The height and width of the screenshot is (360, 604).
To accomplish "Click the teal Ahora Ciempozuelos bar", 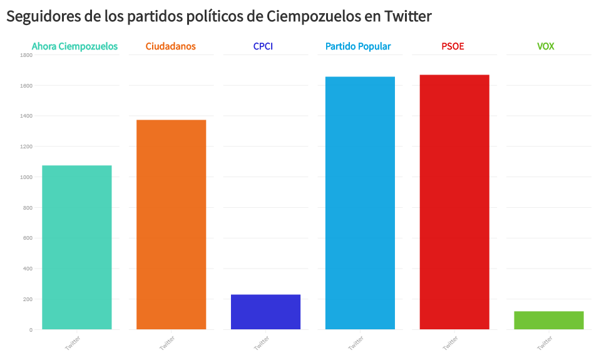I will click(76, 247).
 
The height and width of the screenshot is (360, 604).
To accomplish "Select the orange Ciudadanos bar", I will click(171, 224).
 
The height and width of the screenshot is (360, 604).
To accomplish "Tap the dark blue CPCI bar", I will click(265, 312).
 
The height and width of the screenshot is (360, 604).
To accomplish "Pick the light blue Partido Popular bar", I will click(360, 203).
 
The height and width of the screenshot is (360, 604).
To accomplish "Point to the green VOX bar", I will click(548, 320).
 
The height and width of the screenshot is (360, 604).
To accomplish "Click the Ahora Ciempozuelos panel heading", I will click(74, 46).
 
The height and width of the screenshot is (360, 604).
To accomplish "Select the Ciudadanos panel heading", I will click(170, 46).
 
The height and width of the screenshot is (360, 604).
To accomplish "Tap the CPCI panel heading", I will click(263, 46).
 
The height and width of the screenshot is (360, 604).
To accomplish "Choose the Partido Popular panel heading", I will click(358, 46).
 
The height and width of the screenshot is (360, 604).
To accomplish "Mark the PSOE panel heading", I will click(453, 46).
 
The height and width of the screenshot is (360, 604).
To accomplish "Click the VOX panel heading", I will click(545, 46).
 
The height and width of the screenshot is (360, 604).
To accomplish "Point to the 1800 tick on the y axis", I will click(26, 55).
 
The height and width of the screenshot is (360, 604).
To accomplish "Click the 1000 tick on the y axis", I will click(26, 177).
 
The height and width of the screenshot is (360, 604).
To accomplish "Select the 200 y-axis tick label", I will click(28, 299).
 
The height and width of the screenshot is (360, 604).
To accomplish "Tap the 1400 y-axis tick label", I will click(26, 116).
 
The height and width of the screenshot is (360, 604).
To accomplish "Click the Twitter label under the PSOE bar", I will click(451, 343).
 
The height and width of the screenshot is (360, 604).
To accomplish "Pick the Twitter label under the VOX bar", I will click(545, 343).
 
